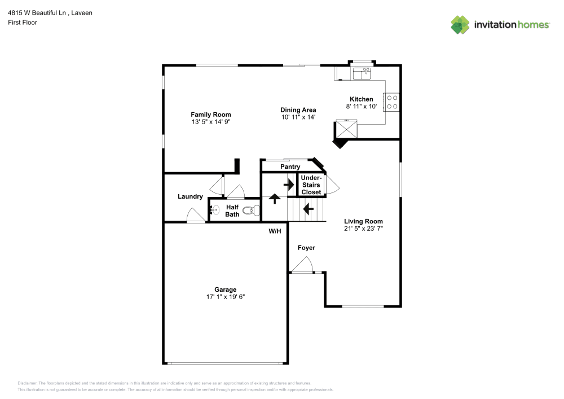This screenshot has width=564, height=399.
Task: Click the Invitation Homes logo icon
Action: pos(460,25)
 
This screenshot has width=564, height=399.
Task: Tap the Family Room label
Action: pos(210,115)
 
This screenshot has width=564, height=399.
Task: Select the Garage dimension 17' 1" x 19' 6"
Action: pos(225,297)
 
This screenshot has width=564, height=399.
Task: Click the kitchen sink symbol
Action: pos(362,72)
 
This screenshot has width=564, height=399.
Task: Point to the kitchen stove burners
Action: pos(391,102)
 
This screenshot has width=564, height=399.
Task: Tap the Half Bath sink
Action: pos(214,211)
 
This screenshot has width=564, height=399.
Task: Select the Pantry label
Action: pos(290,166)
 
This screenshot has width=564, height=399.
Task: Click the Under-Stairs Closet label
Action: pos(311,185)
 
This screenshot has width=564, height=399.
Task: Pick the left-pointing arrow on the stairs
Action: pos(308,209)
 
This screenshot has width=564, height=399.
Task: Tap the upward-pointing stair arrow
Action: pos(275,198)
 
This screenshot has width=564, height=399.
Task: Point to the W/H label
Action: pos(275,231)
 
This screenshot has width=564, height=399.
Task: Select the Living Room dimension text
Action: pos(363,229)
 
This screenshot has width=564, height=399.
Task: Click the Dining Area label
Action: pos(298,110)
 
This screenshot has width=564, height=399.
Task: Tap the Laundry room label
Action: pos(190,196)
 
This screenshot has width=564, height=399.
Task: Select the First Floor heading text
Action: pos(23,23)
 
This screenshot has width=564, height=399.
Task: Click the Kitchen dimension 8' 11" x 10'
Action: pos(361,106)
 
